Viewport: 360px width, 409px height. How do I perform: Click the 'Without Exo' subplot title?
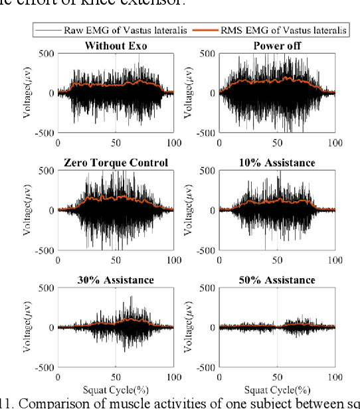[116, 46]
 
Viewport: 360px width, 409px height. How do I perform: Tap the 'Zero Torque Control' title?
[116, 163]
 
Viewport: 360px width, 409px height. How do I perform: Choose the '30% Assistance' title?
[116, 280]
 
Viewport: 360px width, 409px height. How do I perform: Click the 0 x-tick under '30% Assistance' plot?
[58, 376]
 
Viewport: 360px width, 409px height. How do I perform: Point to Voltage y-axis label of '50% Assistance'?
[187, 327]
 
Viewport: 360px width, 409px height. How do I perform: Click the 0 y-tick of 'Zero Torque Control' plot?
[50, 210]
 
